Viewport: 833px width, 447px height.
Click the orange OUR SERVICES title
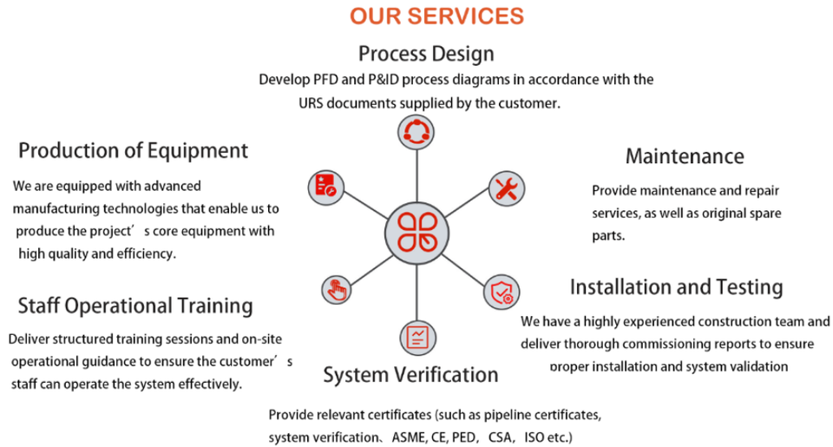point(436,16)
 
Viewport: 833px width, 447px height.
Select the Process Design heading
point(426,53)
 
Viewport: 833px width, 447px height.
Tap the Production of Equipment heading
point(134,150)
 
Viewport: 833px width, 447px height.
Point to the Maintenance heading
point(685,156)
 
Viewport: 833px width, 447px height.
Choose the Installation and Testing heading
point(676,286)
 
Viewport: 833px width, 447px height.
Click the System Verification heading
point(410,374)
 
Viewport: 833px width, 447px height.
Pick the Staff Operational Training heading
point(135,306)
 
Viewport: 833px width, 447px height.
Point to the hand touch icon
point(335,289)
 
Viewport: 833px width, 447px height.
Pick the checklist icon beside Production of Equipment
point(325,185)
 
